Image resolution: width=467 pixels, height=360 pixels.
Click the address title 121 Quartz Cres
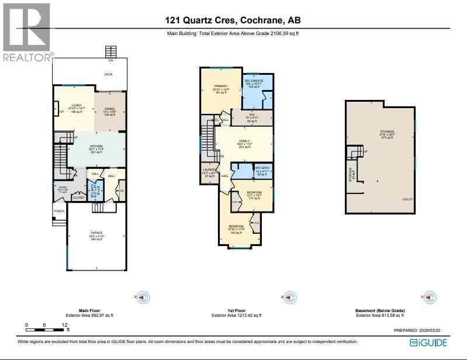[233, 21]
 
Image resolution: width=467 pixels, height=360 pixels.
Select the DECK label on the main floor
[108, 74]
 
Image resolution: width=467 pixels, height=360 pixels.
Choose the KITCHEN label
[96, 146]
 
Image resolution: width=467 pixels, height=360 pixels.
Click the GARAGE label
[96, 233]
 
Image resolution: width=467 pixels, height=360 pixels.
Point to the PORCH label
[59, 211]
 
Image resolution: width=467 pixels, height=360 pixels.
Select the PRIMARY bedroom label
[220, 86]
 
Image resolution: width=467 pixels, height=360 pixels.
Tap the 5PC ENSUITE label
[254, 81]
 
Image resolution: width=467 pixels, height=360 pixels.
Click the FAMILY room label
[244, 141]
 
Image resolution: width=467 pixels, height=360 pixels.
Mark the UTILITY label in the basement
[407, 199]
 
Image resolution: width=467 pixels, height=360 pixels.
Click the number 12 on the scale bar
[65, 324]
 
